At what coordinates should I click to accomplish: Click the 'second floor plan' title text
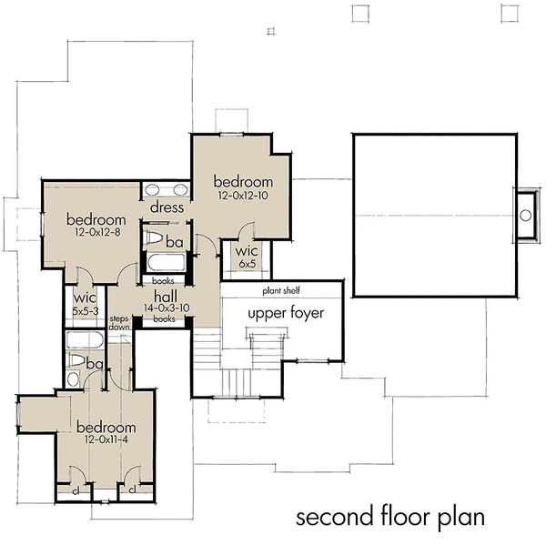tap(389, 518)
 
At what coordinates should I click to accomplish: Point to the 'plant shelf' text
tap(283, 290)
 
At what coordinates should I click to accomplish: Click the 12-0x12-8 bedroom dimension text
tap(96, 234)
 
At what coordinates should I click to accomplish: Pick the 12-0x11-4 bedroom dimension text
tap(106, 440)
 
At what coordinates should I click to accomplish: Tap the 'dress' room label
tap(167, 207)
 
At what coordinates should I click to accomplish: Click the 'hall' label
tap(165, 296)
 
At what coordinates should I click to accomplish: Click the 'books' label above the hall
tap(164, 281)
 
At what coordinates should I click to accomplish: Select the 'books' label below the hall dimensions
tap(164, 319)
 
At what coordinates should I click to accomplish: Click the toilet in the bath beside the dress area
tap(155, 239)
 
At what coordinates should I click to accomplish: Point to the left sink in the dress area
tap(155, 189)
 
